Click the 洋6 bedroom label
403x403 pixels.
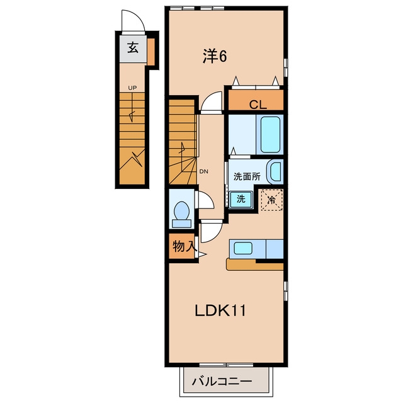(215, 56)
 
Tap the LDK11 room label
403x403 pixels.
(220, 310)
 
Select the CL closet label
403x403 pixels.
(258, 105)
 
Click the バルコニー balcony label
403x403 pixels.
(222, 381)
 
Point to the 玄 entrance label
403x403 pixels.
(133, 48)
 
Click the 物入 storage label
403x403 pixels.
(184, 246)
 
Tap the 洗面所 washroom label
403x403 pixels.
(247, 176)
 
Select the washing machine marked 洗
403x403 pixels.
(241, 199)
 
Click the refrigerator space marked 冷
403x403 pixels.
(272, 200)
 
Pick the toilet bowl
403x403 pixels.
(182, 214)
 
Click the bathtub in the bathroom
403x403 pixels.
(270, 135)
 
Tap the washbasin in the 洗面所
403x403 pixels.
(275, 172)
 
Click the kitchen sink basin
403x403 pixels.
(242, 248)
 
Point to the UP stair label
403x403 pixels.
(132, 88)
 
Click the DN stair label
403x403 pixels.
(204, 172)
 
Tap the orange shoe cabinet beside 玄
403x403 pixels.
(151, 52)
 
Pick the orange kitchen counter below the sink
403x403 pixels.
(254, 264)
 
